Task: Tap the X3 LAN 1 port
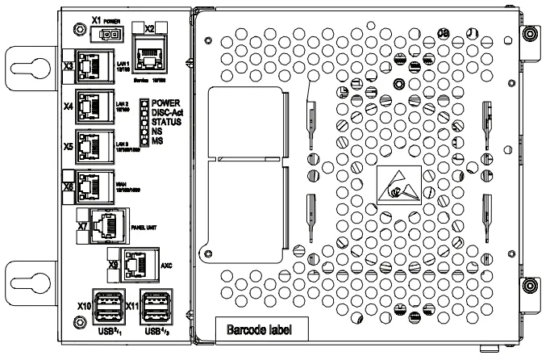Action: pyautogui.click(x=94, y=66)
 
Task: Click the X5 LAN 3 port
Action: pyautogui.click(x=94, y=145)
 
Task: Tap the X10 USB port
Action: pyautogui.click(x=107, y=308)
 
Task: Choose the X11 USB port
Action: pyautogui.click(x=155, y=308)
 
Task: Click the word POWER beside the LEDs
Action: pyautogui.click(x=165, y=104)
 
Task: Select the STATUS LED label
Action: pyautogui.click(x=166, y=123)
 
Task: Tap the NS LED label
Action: pyautogui.click(x=157, y=132)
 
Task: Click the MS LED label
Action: pyautogui.click(x=157, y=142)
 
